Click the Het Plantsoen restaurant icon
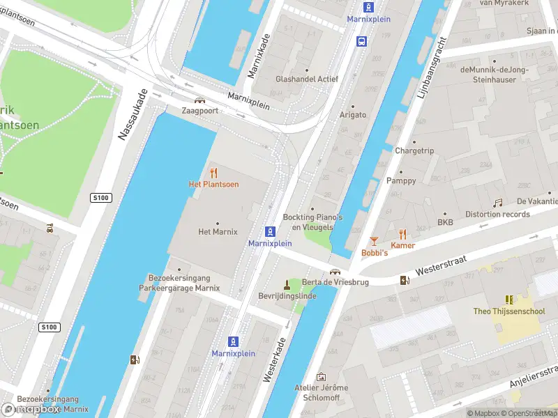[x=213, y=173]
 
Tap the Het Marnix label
[x=218, y=232]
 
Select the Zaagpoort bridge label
[x=199, y=111]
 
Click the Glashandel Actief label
[x=307, y=79]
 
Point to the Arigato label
[x=352, y=114]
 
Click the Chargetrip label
[x=414, y=150]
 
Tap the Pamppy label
[x=400, y=180]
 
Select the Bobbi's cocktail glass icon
[x=374, y=241]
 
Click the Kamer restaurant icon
[x=402, y=234]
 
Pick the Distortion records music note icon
[x=498, y=203]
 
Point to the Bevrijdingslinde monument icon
[x=286, y=284]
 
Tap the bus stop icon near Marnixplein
[x=361, y=41]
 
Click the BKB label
[x=445, y=223]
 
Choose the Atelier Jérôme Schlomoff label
[x=321, y=392]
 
